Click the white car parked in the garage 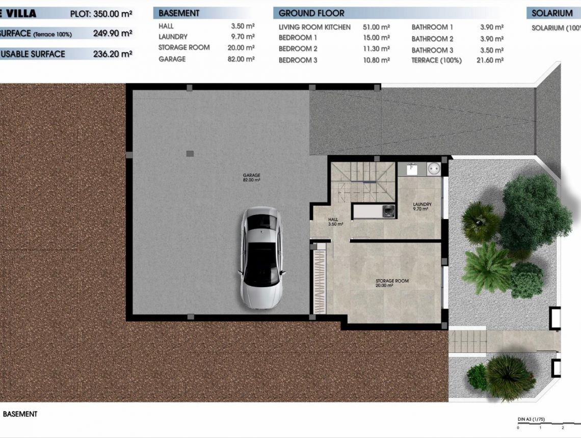tap(261, 258)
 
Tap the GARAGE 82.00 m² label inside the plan tap(251, 178)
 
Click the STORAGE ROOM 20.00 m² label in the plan tap(392, 283)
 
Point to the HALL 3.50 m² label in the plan tap(335, 222)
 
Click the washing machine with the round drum tap(436, 169)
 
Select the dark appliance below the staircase tap(388, 211)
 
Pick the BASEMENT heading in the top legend tap(179, 13)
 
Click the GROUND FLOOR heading tap(311, 13)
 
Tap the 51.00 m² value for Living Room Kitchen tap(376, 27)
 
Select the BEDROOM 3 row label tap(298, 60)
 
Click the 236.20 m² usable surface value tap(113, 54)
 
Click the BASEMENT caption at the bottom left tap(20, 414)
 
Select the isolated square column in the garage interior tap(190, 153)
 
